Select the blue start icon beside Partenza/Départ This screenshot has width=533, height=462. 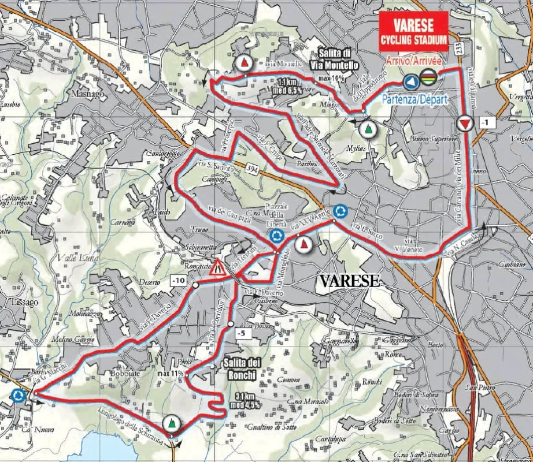[411, 82]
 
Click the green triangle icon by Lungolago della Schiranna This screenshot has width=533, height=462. [171, 424]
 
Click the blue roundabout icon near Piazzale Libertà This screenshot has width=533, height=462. [276, 236]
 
